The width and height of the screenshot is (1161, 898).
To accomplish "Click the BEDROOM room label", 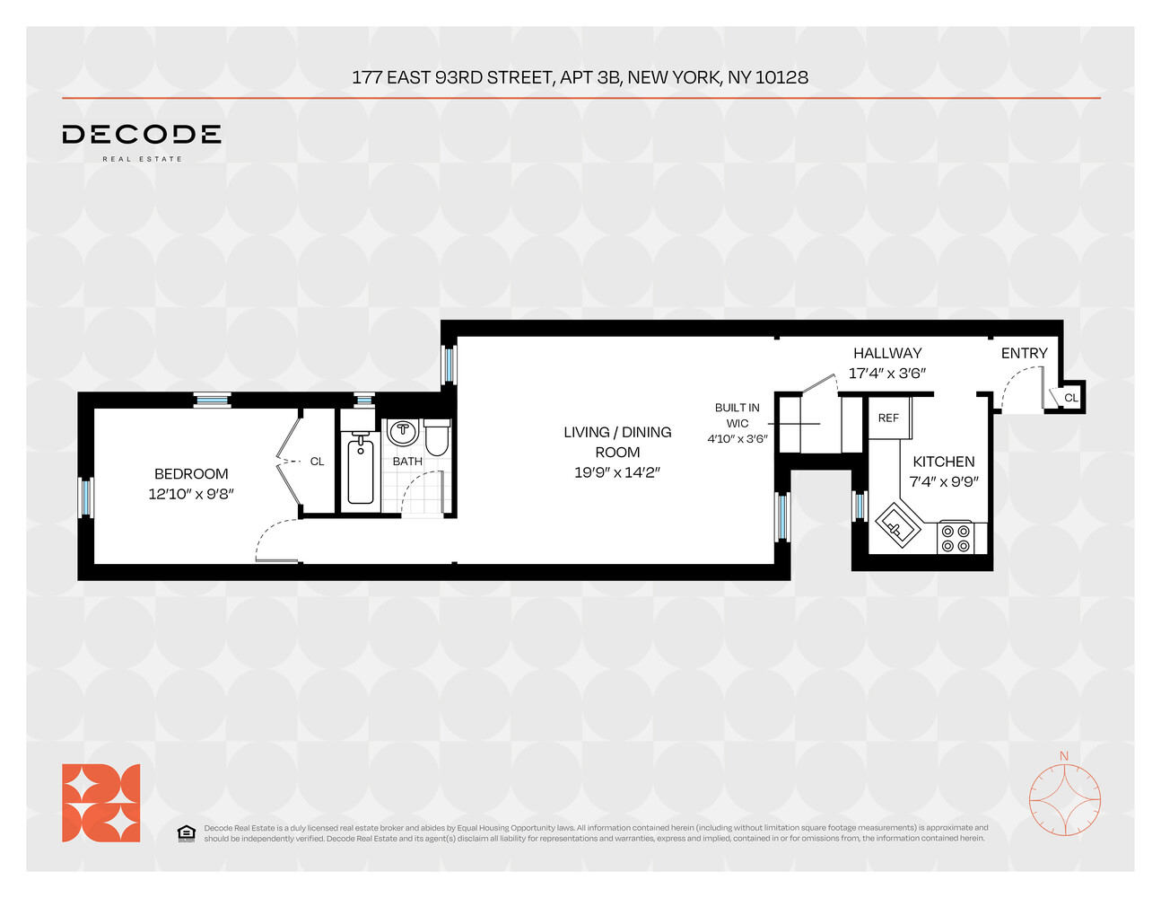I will [191, 474].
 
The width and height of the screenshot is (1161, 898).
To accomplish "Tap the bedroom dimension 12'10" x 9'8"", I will [191, 494].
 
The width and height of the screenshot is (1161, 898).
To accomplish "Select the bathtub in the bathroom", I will [360, 469].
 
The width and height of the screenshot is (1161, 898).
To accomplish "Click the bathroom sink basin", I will [403, 432].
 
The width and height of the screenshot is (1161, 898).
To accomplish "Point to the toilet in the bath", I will [437, 438].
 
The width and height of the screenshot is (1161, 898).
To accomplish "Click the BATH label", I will [407, 462].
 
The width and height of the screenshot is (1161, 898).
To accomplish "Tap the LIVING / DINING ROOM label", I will [617, 442].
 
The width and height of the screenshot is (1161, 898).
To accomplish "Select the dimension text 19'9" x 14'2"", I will [617, 472].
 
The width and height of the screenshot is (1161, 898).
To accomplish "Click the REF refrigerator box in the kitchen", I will [888, 418].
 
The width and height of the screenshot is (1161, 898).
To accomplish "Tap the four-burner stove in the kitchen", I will [956, 538].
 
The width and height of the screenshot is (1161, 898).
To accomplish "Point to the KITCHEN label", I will [943, 462].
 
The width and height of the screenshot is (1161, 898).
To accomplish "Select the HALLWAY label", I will [887, 354].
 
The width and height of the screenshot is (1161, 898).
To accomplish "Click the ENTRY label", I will [1024, 354].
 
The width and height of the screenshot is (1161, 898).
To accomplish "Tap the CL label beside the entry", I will [1070, 398].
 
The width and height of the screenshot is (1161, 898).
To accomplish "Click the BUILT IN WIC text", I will [737, 415].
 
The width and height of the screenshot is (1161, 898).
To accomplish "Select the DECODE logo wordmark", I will [142, 135].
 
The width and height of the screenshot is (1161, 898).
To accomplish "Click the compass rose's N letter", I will [1064, 756].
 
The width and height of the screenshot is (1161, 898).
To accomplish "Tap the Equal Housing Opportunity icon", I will [186, 833].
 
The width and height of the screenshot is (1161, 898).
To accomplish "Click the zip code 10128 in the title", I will [781, 77].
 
